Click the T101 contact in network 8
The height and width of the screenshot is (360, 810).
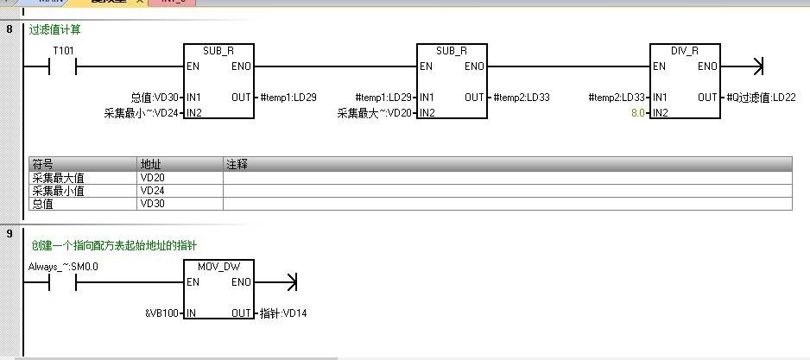[x=63, y=66]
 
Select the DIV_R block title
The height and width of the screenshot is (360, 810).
[x=684, y=51]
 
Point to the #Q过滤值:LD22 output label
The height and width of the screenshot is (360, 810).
[x=761, y=98]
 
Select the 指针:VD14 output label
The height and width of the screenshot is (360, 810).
[x=283, y=313]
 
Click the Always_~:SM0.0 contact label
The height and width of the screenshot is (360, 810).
[x=63, y=267]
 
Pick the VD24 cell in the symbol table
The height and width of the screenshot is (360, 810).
[x=152, y=191]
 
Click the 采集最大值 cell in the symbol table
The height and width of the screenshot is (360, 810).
[x=58, y=178]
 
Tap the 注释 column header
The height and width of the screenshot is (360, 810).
[x=237, y=163]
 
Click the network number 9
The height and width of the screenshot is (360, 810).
[x=9, y=233]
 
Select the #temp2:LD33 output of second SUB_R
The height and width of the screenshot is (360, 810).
[x=522, y=98]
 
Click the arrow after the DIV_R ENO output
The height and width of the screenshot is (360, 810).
[x=758, y=66]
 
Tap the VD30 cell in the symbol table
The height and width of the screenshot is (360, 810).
[x=152, y=204]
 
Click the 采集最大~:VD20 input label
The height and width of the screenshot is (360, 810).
[x=374, y=113]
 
